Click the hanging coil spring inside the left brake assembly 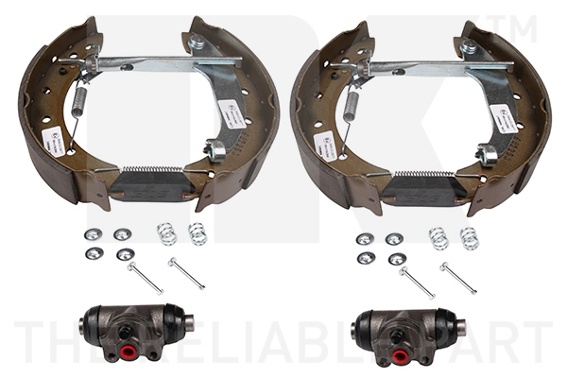click(80, 100)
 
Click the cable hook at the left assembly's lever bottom click(215, 150)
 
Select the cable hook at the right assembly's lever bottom click(488, 153)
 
